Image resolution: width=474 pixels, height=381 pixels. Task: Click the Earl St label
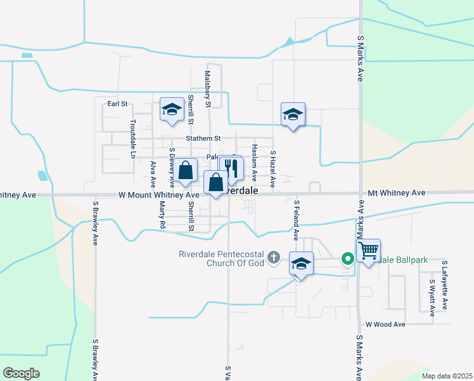click(x=117, y=104)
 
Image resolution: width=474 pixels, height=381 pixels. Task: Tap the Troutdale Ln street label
click(x=133, y=138)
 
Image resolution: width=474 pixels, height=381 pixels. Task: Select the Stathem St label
click(x=203, y=138)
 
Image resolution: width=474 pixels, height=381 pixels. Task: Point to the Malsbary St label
click(x=207, y=88)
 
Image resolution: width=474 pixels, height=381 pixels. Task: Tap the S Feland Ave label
click(x=296, y=220)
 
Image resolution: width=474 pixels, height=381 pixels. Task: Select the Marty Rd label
click(x=162, y=215)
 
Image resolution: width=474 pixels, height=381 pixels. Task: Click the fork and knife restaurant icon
click(x=231, y=168)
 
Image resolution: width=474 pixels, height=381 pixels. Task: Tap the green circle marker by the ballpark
click(x=347, y=258)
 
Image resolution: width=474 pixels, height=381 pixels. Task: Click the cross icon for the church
click(x=273, y=257)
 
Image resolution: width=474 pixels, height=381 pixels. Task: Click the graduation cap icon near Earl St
click(x=171, y=110)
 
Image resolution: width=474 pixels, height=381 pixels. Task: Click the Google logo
click(x=21, y=373)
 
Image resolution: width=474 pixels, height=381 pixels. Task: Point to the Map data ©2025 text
click(x=446, y=376)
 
